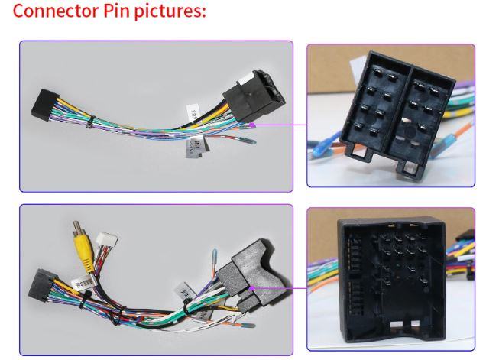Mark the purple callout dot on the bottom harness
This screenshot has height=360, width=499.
(251, 288)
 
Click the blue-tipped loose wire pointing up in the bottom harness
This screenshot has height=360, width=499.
(216, 253)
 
